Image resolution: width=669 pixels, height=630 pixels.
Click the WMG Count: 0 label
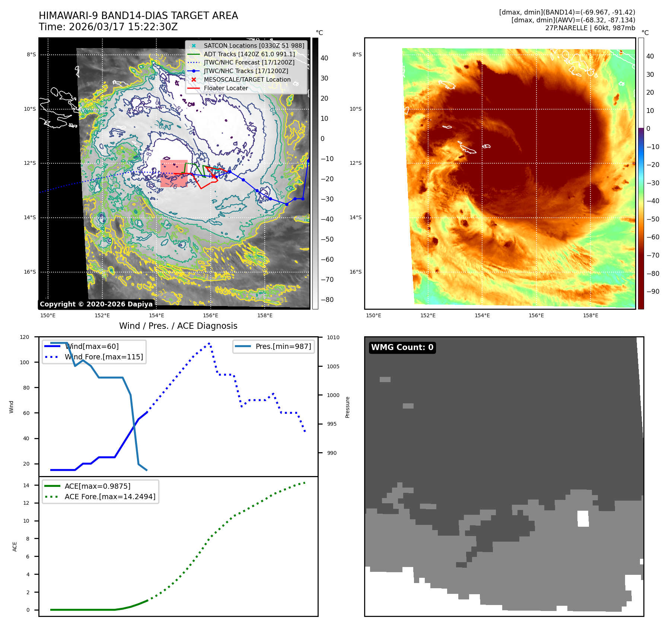[402, 347]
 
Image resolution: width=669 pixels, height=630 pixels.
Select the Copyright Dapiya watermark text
[96, 304]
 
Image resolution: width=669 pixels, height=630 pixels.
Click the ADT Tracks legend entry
[249, 54]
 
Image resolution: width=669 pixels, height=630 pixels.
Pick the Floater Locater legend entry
[226, 88]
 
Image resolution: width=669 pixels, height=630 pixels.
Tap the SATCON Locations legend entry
[254, 45]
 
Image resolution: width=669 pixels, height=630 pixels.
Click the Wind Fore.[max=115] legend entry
[103, 357]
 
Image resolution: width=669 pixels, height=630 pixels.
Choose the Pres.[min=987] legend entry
[283, 346]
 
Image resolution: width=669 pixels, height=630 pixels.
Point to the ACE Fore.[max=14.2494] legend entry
[110, 497]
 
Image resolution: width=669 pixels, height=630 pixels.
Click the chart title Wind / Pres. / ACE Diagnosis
[178, 326]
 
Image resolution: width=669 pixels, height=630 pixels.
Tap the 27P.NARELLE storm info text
[590, 28]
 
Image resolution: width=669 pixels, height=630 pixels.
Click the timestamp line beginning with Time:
[108, 27]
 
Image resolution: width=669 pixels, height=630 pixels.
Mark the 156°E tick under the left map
[210, 315]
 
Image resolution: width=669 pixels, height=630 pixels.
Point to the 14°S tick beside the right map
[355, 217]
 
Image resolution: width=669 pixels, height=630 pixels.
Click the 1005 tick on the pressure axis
[333, 366]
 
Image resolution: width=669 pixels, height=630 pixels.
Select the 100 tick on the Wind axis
[25, 362]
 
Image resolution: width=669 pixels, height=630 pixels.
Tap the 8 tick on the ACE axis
[28, 539]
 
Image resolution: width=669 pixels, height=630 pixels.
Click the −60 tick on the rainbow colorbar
[653, 237]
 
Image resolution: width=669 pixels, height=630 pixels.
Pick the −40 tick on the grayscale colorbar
[327, 219]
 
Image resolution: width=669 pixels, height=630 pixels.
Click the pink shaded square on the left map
[174, 174]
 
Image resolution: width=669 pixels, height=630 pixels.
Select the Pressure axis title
[347, 407]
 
